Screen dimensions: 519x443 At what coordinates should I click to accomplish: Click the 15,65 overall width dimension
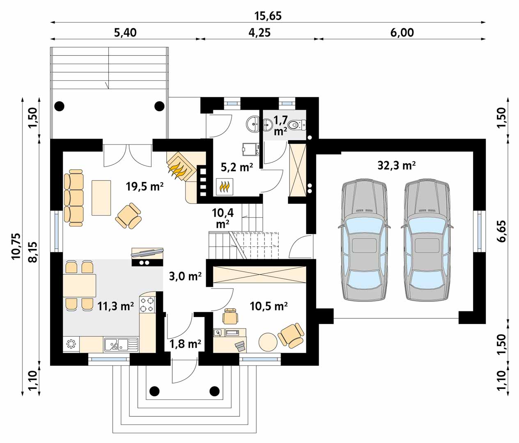268,16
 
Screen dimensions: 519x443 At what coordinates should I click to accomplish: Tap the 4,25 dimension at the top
259,33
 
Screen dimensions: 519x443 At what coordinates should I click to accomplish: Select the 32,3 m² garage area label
396,166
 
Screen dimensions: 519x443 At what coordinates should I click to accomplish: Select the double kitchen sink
121,344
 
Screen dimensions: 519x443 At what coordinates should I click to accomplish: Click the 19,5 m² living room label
145,186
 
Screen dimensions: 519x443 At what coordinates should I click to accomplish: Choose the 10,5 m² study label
269,306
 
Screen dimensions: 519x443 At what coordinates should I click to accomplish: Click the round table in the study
268,342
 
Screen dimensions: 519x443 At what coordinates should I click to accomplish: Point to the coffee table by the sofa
101,198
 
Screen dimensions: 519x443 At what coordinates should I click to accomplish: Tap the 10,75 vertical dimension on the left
16,247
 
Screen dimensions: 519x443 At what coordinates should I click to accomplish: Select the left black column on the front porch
154,391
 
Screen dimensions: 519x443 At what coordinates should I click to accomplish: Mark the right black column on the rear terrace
159,106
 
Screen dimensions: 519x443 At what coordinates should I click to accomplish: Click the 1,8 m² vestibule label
186,344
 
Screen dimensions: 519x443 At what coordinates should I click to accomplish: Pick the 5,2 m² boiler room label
237,167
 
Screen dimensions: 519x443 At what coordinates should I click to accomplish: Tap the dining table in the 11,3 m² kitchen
79,285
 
